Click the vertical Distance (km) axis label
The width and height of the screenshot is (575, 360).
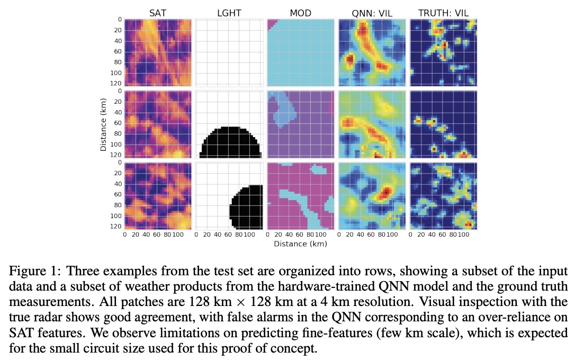pyautogui.click(x=104, y=125)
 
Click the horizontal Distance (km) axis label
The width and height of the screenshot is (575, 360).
pyautogui.click(x=300, y=244)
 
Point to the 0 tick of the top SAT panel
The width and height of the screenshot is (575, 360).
pyautogui.click(x=120, y=20)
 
